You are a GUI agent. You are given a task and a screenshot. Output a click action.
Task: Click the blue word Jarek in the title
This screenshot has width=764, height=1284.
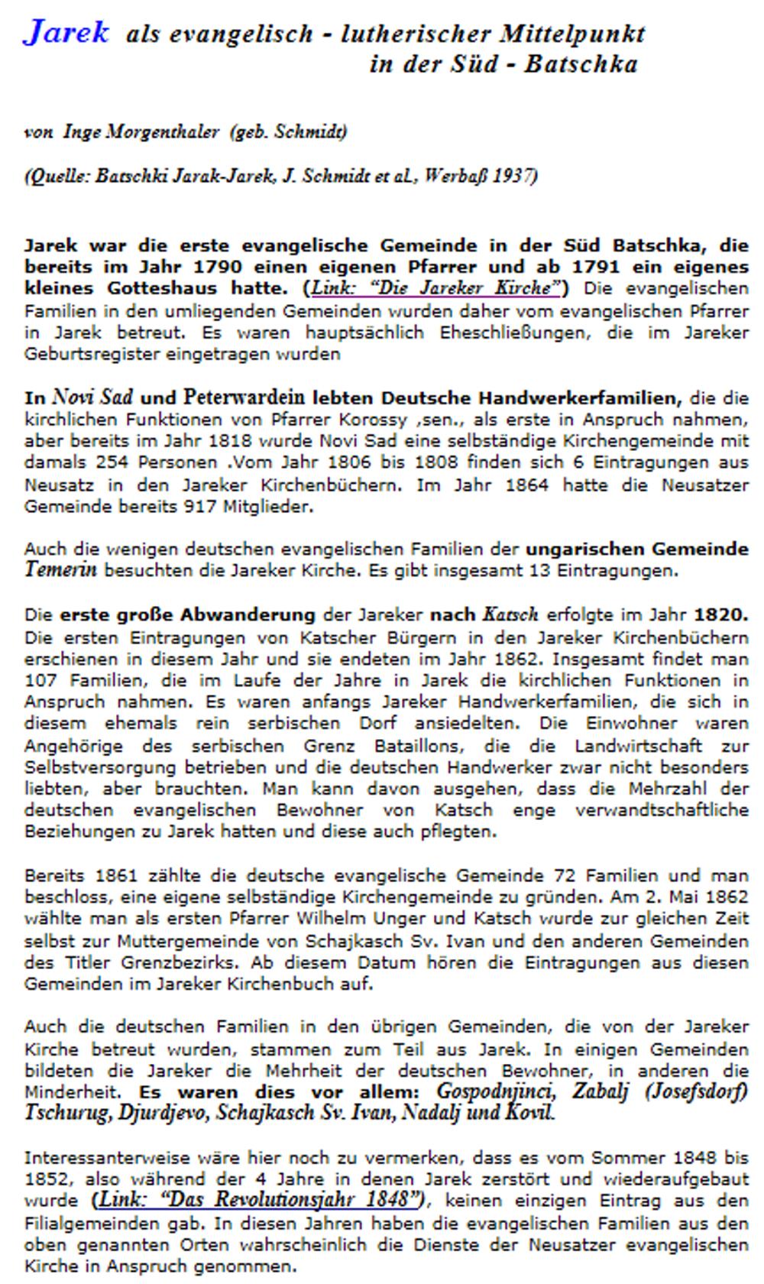66,32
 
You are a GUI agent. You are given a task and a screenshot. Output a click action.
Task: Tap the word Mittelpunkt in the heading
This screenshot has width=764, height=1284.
573,34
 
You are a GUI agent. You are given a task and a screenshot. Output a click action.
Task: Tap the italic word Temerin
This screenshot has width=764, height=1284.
60,570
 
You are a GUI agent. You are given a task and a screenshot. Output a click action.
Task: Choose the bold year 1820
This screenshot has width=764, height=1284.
718,614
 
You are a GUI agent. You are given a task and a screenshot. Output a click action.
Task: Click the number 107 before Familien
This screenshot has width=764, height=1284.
40,680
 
